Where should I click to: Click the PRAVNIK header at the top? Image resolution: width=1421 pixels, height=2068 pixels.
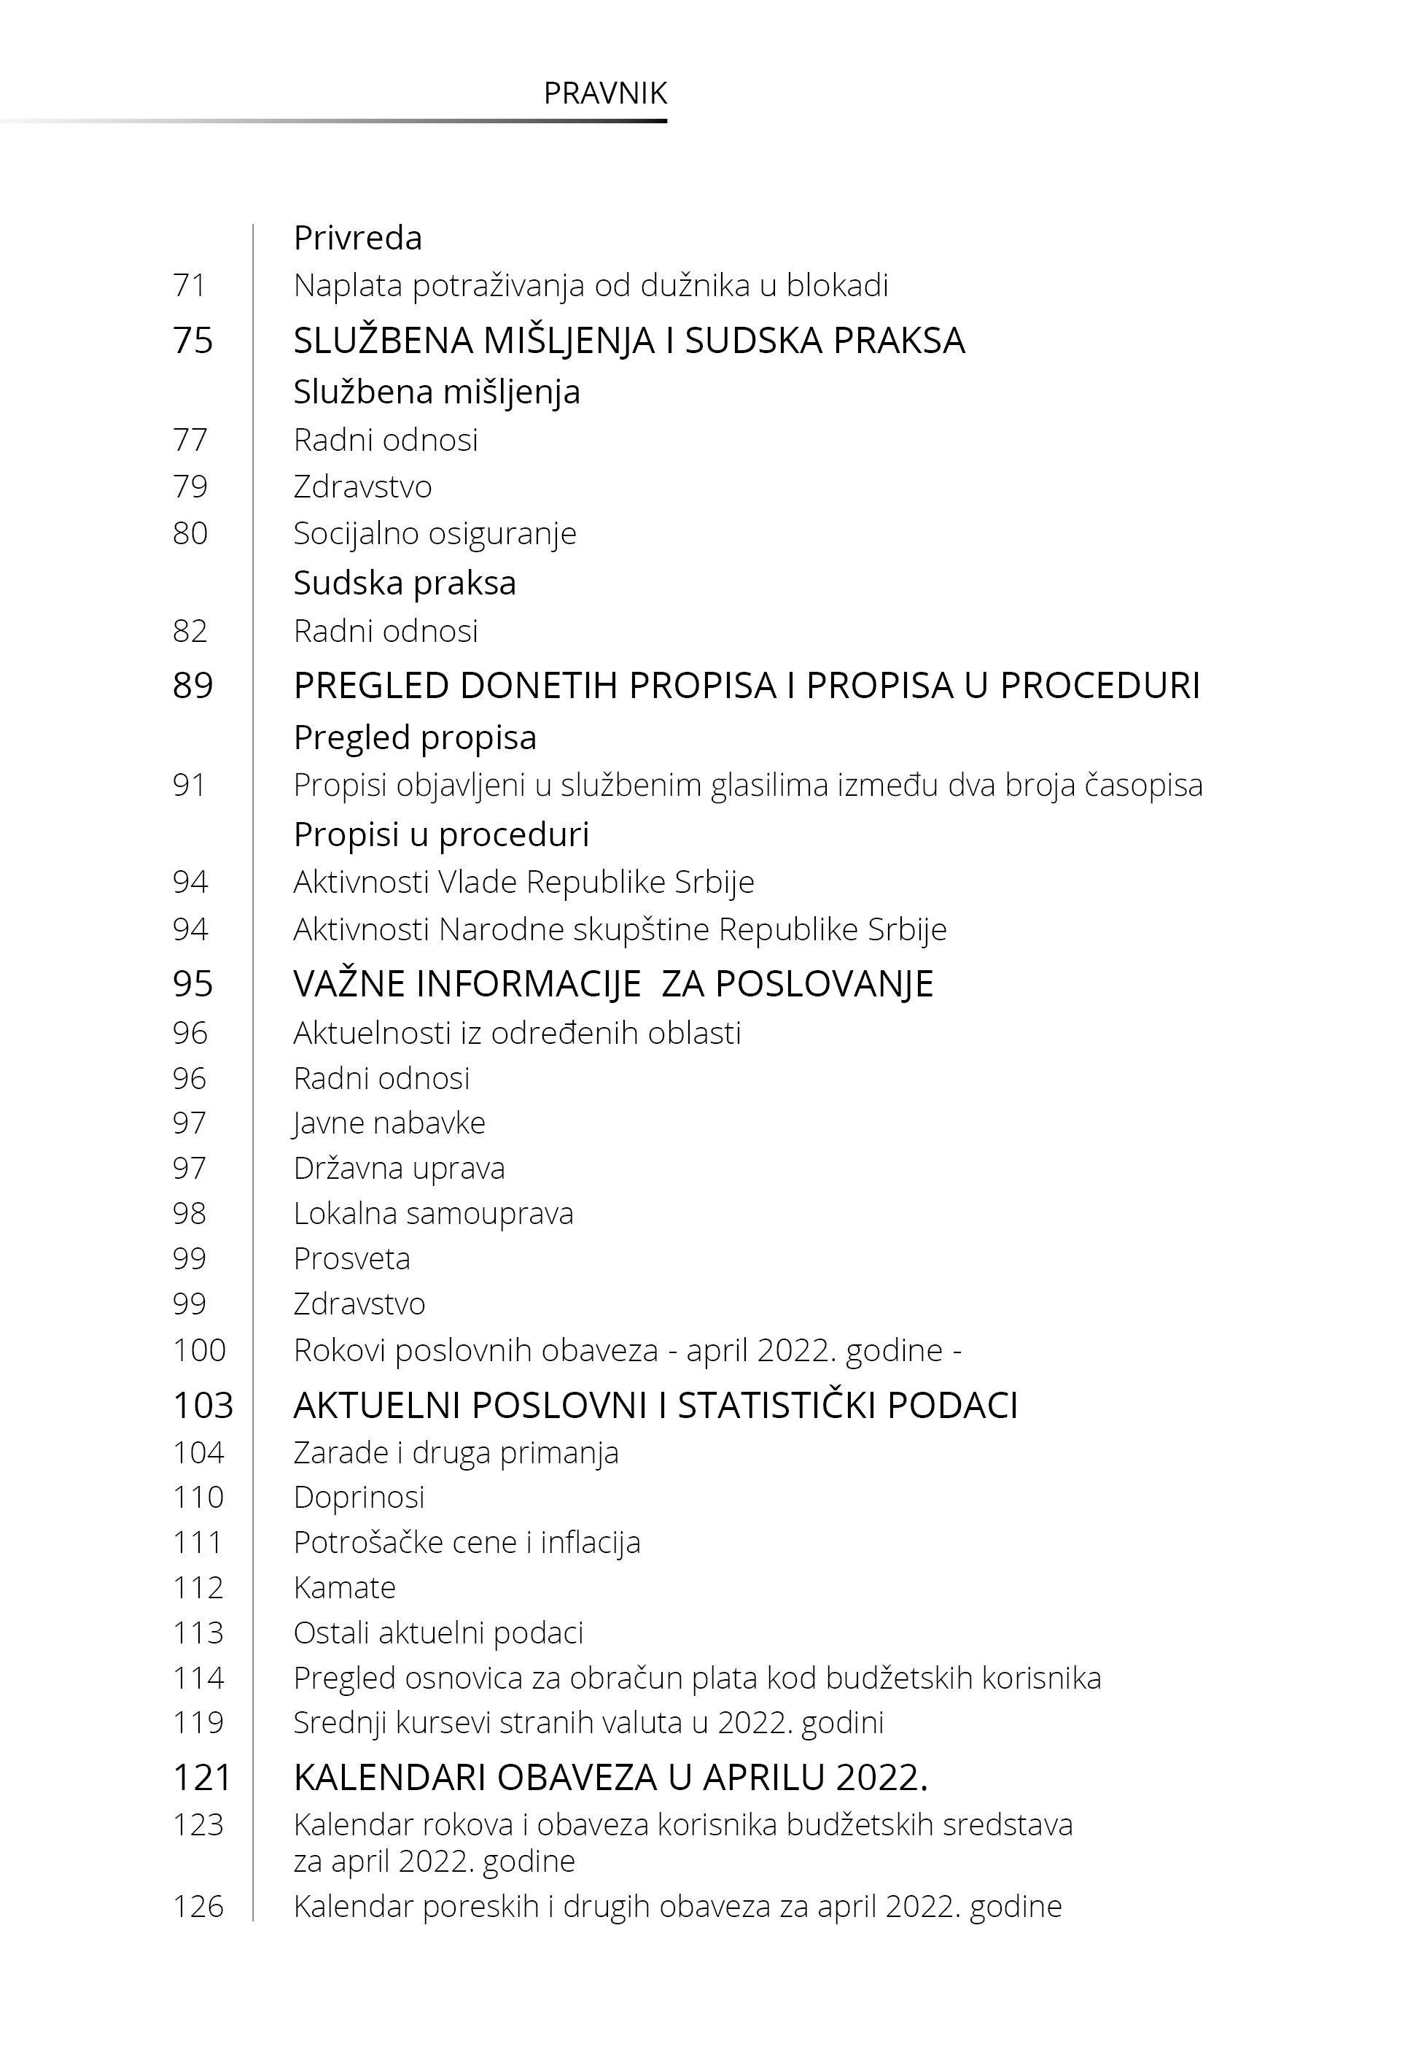[x=604, y=93]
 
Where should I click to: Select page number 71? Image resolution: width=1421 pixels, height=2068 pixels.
[x=190, y=286]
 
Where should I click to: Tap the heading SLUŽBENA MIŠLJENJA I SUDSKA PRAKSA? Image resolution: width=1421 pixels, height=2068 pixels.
[x=628, y=340]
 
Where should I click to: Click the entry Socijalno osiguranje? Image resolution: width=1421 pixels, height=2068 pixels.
[x=435, y=533]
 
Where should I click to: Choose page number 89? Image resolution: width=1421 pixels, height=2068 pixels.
[x=193, y=686]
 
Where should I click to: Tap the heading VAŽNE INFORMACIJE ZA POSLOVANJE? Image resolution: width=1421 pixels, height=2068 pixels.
[x=612, y=984]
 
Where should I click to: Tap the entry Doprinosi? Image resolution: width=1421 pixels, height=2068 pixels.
[x=359, y=1497]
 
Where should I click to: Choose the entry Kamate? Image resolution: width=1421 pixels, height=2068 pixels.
[x=345, y=1588]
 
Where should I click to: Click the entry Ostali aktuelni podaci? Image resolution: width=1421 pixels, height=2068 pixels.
[x=438, y=1633]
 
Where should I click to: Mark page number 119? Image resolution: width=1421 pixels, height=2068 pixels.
[x=198, y=1722]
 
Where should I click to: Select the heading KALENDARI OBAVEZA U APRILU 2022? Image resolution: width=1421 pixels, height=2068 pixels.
[x=610, y=1778]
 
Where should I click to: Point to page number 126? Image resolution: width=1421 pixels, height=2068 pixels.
[x=198, y=1907]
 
